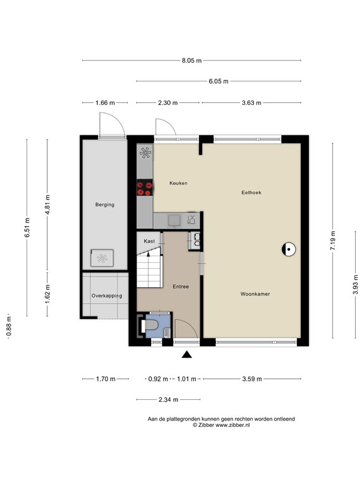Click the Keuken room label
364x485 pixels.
tap(178, 183)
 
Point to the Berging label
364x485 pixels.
tap(105, 205)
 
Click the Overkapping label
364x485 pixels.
tap(106, 296)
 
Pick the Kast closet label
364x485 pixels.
tap(149, 241)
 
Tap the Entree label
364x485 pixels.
tap(181, 287)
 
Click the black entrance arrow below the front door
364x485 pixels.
tap(186, 355)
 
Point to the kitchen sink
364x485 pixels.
tap(173, 220)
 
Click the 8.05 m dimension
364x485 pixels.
tap(191, 61)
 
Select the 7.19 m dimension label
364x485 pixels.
tap(333, 241)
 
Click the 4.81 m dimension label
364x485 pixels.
tap(47, 206)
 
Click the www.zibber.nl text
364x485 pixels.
tap(233, 426)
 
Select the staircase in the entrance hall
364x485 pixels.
tap(150, 266)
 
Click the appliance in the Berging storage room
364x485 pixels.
tap(102, 257)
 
